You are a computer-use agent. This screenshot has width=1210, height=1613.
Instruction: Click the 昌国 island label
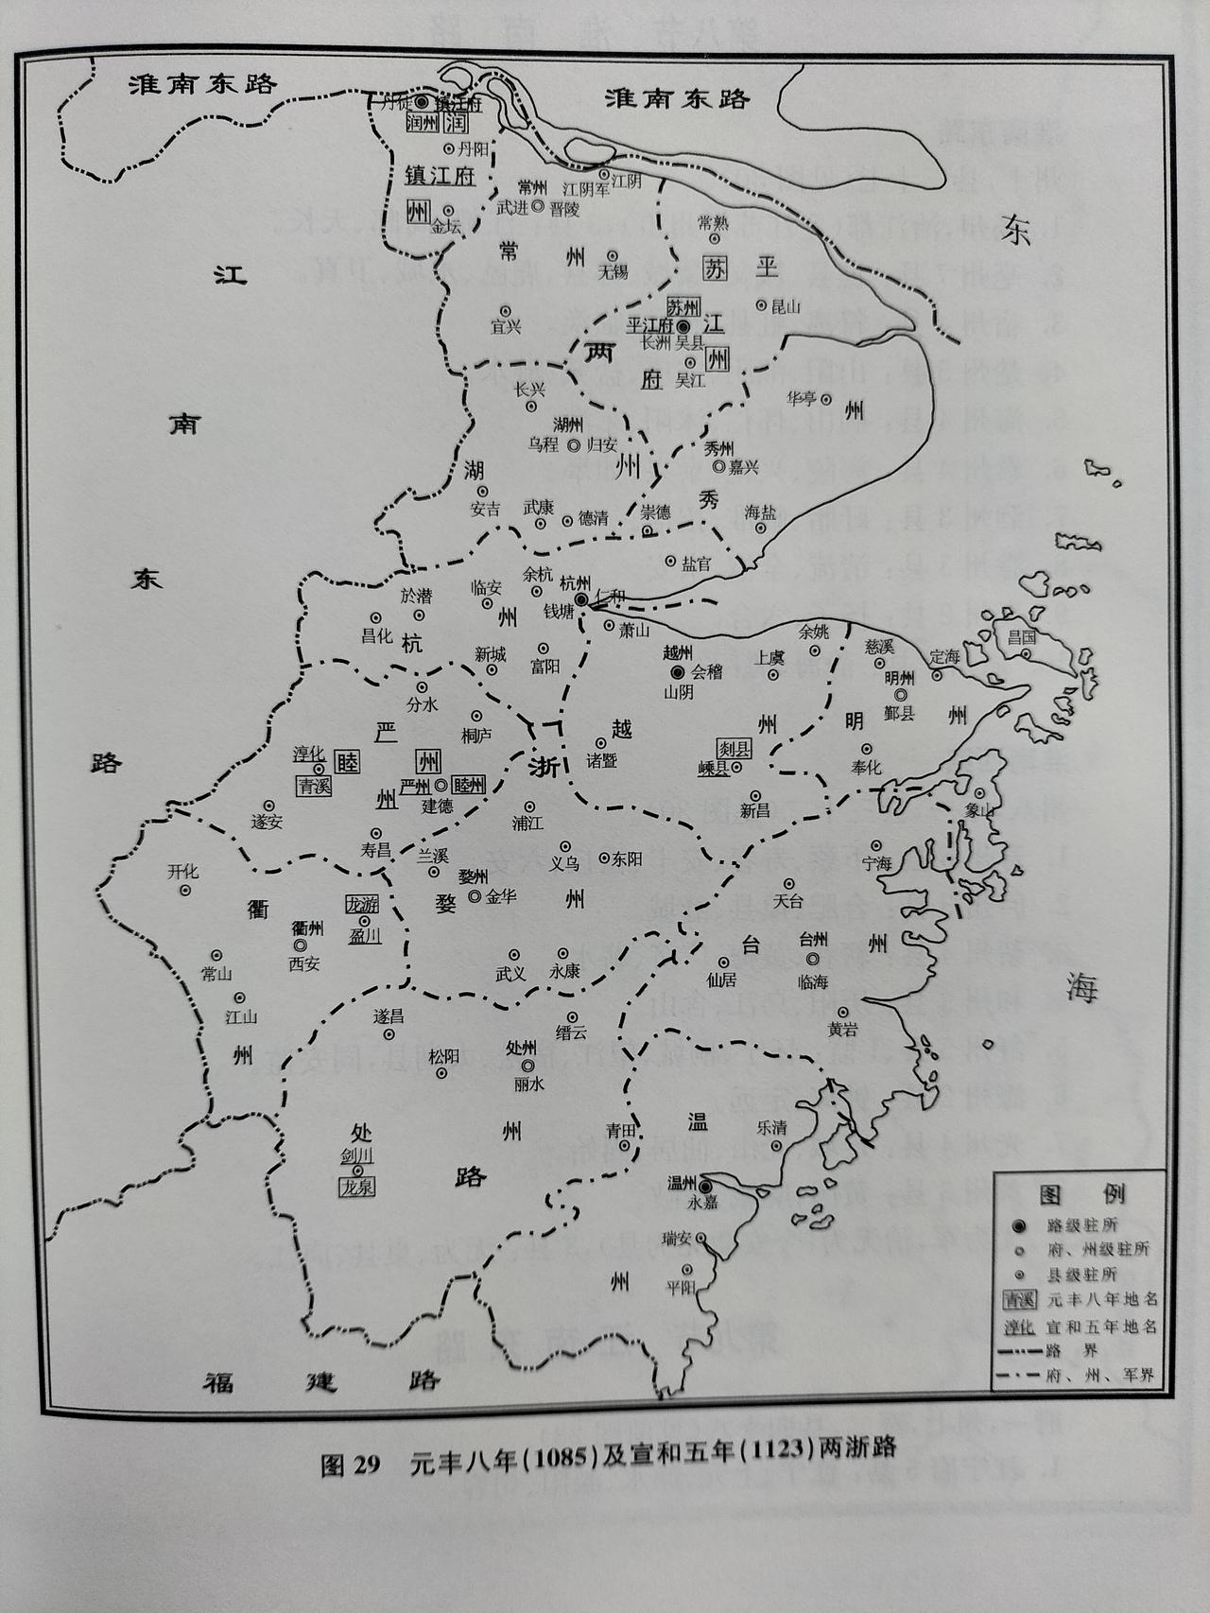click(x=1021, y=636)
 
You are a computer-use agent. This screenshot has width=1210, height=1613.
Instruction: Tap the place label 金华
click(x=501, y=894)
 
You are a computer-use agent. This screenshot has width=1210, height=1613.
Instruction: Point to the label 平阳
click(x=680, y=1286)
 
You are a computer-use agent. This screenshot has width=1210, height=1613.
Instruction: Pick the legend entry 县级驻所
click(x=1082, y=1274)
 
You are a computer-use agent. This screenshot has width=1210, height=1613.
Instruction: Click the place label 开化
click(x=183, y=872)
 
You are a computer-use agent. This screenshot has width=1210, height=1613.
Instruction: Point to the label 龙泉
click(x=357, y=1186)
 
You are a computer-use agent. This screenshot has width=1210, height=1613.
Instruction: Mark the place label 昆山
click(x=785, y=306)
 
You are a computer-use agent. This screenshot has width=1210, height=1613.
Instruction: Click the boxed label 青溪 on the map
click(x=313, y=785)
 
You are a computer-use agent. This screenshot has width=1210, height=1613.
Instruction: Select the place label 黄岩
click(x=843, y=1031)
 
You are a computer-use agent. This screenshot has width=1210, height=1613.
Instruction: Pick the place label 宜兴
click(x=506, y=327)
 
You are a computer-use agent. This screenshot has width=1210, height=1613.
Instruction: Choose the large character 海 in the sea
click(x=1080, y=989)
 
